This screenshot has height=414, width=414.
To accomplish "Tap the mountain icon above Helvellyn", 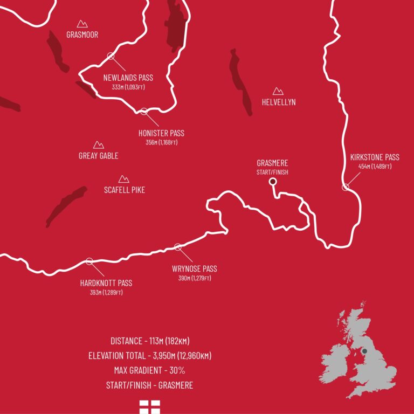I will pos(278,92).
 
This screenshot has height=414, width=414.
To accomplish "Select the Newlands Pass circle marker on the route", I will pos(111,56).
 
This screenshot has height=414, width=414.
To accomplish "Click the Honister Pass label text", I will pos(161,133).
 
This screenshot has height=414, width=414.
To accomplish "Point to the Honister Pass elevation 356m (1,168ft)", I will pos(161,143).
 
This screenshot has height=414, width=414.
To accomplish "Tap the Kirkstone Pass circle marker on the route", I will pos(345,187).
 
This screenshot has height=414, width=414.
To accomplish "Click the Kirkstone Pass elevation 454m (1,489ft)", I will pos(375,167).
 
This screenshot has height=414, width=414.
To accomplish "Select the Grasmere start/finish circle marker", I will pos(273,182).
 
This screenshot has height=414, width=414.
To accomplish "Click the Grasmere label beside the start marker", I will pos(272,163).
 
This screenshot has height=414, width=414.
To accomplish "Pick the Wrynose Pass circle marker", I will pos(178,247).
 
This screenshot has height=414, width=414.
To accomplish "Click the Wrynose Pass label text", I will pos(194,269).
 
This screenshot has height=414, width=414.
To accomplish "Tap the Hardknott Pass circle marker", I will pos(89,261).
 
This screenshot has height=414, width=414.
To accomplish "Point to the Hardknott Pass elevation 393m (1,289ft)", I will pos(106,293).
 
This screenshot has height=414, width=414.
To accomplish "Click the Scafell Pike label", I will pos(124,190).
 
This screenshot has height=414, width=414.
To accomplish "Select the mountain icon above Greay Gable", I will pos(98,145).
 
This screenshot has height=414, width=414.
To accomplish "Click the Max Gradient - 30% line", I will pos(150,371).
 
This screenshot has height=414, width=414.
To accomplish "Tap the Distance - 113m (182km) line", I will pos(150,341).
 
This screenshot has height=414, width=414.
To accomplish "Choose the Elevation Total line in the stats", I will pos(150,356).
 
